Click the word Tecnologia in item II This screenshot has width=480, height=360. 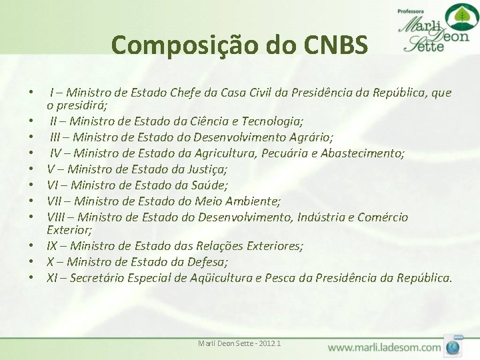coord(271,121)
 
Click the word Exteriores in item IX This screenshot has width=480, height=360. coord(274,246)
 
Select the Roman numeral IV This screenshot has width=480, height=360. coord(57,153)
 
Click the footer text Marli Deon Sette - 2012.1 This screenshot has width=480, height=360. coord(239,343)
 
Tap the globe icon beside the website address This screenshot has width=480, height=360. coord(455,346)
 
